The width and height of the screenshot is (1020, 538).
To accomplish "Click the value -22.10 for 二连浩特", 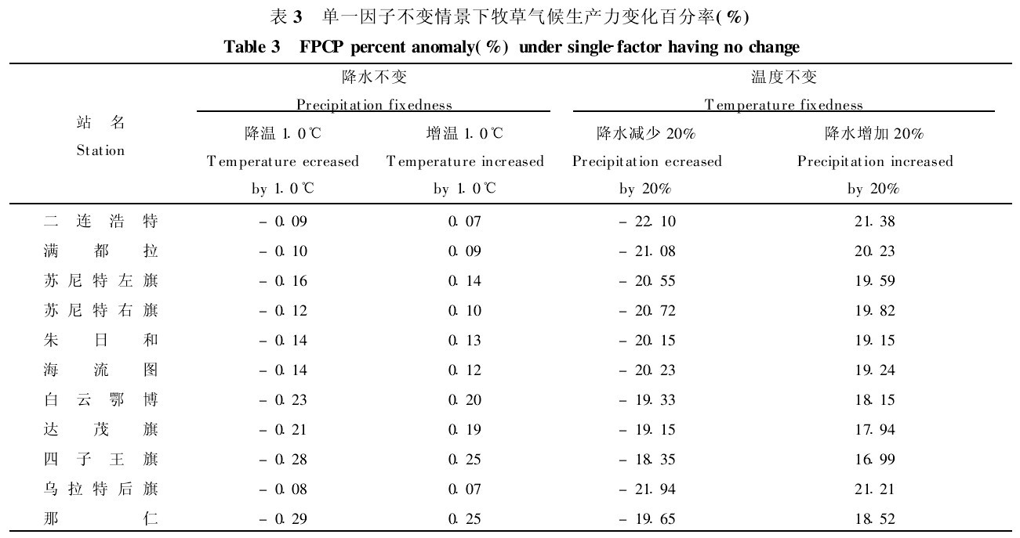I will tap(647, 222).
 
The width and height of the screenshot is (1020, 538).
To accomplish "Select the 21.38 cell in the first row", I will tap(874, 222).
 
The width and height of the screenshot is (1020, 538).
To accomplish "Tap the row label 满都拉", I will tap(100, 251).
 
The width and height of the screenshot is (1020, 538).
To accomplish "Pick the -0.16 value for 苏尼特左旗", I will tap(283, 281).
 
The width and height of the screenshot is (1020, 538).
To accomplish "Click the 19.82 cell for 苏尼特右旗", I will tap(874, 311).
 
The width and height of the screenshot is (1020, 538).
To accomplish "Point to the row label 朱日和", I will tap(100, 341).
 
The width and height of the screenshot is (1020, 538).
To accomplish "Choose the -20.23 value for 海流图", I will tap(647, 370).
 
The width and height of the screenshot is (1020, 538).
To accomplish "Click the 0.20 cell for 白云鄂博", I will tap(464, 400).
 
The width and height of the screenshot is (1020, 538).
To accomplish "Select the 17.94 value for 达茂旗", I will tap(874, 430).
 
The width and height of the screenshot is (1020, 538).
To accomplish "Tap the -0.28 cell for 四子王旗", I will tap(283, 460).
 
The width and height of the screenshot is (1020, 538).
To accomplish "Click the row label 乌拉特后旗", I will tap(100, 489).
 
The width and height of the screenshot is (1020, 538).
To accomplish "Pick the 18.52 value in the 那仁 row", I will tap(874, 519).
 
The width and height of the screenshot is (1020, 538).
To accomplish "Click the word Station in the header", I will tap(100, 150).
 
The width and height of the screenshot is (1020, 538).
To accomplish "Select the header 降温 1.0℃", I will tap(283, 134).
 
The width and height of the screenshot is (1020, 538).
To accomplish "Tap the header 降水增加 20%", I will tap(874, 134).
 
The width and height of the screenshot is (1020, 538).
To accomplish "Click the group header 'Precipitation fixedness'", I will tap(374, 104).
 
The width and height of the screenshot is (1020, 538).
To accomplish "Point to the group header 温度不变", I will tap(784, 77).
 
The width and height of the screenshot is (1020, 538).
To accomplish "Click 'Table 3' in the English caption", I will tap(252, 47).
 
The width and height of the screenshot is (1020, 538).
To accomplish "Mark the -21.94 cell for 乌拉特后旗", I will tap(647, 489).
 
